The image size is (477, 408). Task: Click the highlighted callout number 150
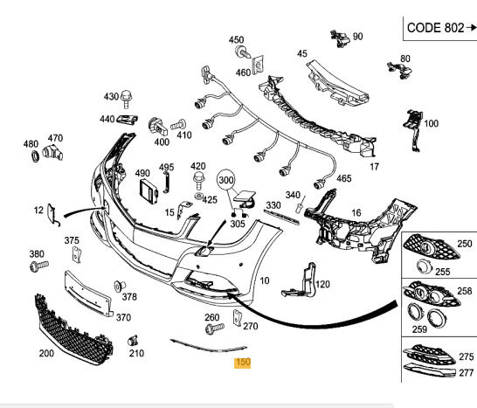tap(243, 363)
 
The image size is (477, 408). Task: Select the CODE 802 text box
tap(440, 29)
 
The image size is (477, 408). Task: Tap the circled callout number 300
tap(226, 180)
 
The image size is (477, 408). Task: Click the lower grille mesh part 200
tap(73, 330)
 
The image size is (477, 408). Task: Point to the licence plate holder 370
tap(88, 294)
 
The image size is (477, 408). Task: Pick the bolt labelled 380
tap(39, 266)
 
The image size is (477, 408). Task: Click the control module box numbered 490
tap(149, 192)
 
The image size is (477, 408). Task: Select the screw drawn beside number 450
tap(243, 52)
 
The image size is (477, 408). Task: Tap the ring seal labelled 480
tap(36, 156)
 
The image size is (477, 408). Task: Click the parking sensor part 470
tap(52, 153)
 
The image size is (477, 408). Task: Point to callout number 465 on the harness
tap(343, 178)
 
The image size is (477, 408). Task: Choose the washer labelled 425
tap(198, 196)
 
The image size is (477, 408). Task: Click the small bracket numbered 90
tap(341, 38)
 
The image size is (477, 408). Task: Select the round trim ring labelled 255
tap(425, 266)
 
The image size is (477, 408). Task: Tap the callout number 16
tap(356, 213)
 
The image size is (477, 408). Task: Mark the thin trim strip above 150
tap(209, 347)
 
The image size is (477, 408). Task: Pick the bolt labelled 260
tap(214, 328)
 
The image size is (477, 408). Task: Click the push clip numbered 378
tap(119, 287)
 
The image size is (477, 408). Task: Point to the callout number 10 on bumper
tap(265, 280)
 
